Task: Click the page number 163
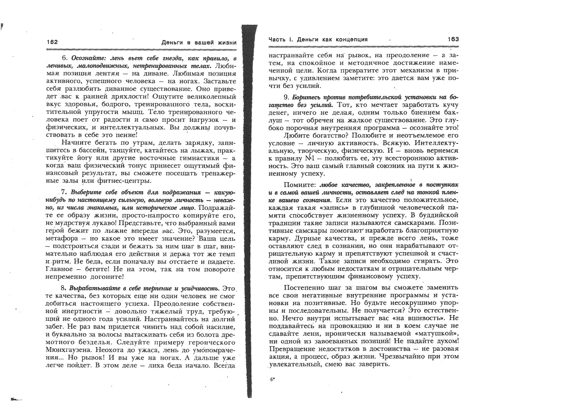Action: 453,39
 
